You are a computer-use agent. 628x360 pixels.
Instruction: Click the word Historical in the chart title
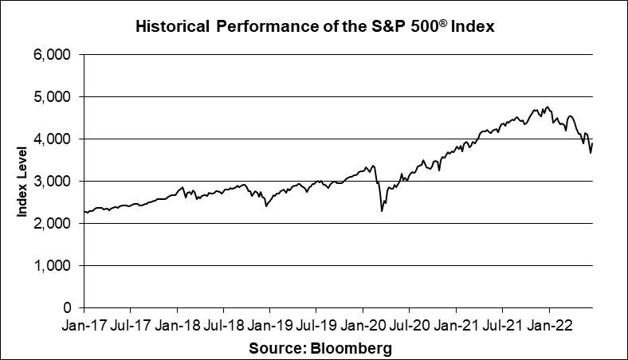pyautogui.click(x=172, y=25)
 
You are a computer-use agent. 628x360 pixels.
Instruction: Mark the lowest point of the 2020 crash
pyautogui.click(x=382, y=211)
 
